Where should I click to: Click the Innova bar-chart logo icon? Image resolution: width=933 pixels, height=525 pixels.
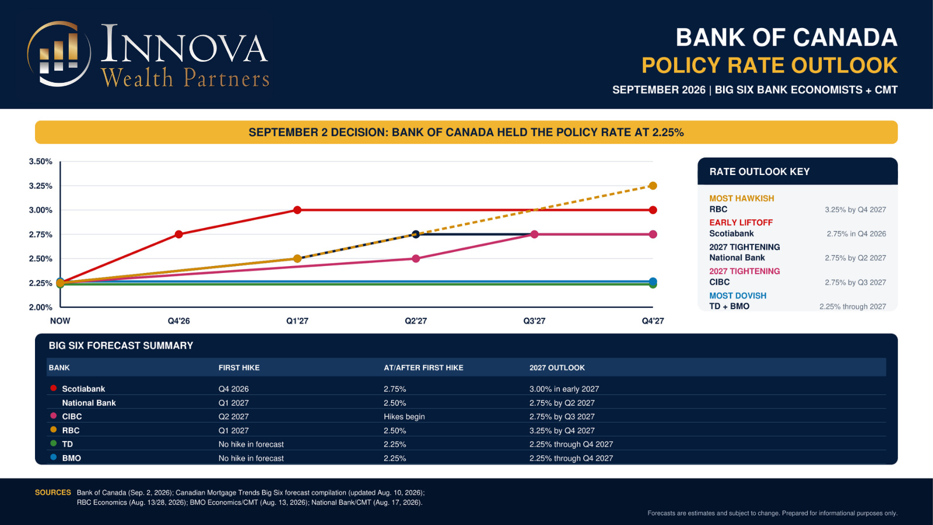pyautogui.click(x=59, y=54)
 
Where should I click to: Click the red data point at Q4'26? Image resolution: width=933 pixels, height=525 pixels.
pyautogui.click(x=178, y=234)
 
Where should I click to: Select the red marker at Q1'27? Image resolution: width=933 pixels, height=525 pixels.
pyautogui.click(x=297, y=210)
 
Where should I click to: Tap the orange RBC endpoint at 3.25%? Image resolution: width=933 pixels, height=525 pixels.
pyautogui.click(x=653, y=185)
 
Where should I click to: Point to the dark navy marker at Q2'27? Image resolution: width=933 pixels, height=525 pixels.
pyautogui.click(x=415, y=234)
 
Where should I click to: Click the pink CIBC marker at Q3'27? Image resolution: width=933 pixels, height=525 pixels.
pyautogui.click(x=534, y=234)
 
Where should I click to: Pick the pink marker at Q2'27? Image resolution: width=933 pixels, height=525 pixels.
pyautogui.click(x=416, y=258)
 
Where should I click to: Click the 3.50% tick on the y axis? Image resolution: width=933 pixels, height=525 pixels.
pyautogui.click(x=40, y=161)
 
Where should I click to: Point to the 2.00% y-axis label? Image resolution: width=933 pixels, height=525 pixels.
pyautogui.click(x=40, y=307)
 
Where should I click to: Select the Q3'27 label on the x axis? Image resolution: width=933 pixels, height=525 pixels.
pyautogui.click(x=534, y=321)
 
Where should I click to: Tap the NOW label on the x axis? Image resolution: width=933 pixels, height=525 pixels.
pyautogui.click(x=60, y=321)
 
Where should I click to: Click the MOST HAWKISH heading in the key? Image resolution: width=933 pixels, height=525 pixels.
pyautogui.click(x=741, y=198)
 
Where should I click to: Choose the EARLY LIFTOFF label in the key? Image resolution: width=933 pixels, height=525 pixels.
pyautogui.click(x=741, y=222)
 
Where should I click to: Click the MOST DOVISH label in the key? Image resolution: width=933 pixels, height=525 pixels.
pyautogui.click(x=738, y=295)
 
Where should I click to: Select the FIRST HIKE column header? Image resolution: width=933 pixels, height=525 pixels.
pyautogui.click(x=239, y=367)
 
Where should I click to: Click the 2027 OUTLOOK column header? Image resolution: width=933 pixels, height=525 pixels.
pyautogui.click(x=557, y=367)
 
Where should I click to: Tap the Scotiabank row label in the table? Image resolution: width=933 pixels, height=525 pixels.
pyautogui.click(x=83, y=388)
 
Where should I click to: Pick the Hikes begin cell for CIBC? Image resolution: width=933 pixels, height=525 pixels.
pyautogui.click(x=404, y=416)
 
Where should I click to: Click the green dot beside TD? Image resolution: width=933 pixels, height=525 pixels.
pyautogui.click(x=53, y=443)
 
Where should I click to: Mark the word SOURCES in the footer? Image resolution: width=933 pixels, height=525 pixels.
pyautogui.click(x=53, y=492)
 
